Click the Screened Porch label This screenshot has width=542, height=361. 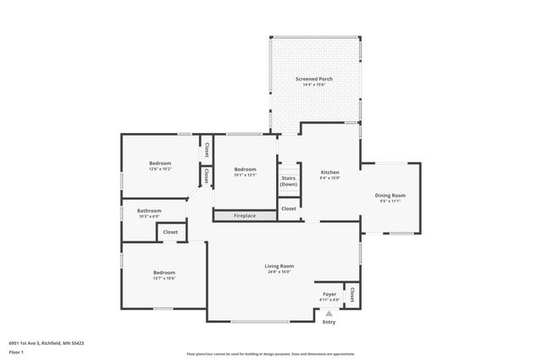(x=313, y=79)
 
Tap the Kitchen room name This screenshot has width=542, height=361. (x=329, y=172)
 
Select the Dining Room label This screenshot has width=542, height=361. (x=390, y=196)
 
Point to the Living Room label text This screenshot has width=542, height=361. (x=279, y=266)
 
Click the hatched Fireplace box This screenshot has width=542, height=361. (x=245, y=216)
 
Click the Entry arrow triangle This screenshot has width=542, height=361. (x=329, y=314)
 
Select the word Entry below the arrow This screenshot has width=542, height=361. (x=329, y=322)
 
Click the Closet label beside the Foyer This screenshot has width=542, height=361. (x=351, y=294)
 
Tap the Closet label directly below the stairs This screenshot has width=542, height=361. (x=289, y=208)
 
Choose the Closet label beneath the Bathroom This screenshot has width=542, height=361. (x=170, y=232)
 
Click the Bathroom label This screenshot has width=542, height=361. (x=149, y=210)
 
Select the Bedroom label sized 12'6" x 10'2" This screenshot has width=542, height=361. (x=160, y=163)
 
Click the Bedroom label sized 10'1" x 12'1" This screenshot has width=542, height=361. (x=245, y=169)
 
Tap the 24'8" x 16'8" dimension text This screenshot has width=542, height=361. (x=279, y=272)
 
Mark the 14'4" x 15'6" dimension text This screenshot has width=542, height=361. (x=313, y=85)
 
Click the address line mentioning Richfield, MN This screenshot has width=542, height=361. (x=46, y=343)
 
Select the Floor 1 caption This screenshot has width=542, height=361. (x=16, y=351)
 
